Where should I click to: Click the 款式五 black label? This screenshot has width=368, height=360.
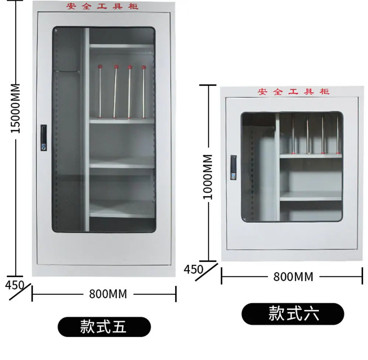pos(104,327)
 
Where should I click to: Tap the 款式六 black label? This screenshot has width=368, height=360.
pos(293,314)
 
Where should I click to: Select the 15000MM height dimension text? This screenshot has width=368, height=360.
pos(16,109)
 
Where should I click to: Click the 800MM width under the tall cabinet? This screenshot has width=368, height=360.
pos(108,294)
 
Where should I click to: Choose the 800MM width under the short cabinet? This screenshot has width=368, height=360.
pos(293,277)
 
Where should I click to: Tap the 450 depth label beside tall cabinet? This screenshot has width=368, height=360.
pos(15,285)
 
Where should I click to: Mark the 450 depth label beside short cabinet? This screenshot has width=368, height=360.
pos(194,269)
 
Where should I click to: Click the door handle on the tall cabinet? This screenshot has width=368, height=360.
pos(44,138)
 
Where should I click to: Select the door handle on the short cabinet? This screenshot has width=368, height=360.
pos(233,167)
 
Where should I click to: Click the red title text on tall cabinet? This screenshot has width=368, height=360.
pos(102,6)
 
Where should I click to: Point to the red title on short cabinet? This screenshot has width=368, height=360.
pos(293,92)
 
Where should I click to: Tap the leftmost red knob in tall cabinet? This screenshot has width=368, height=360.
pos(100,67)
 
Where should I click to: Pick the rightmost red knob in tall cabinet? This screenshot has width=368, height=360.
pos(144,67)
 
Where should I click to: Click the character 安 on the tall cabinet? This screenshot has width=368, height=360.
pos(71,6)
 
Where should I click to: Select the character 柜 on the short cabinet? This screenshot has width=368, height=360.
pos(325,92)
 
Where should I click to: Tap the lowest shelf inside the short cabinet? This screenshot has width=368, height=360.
pos(311,196)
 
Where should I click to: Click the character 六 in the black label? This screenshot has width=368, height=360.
pos(312,314)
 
